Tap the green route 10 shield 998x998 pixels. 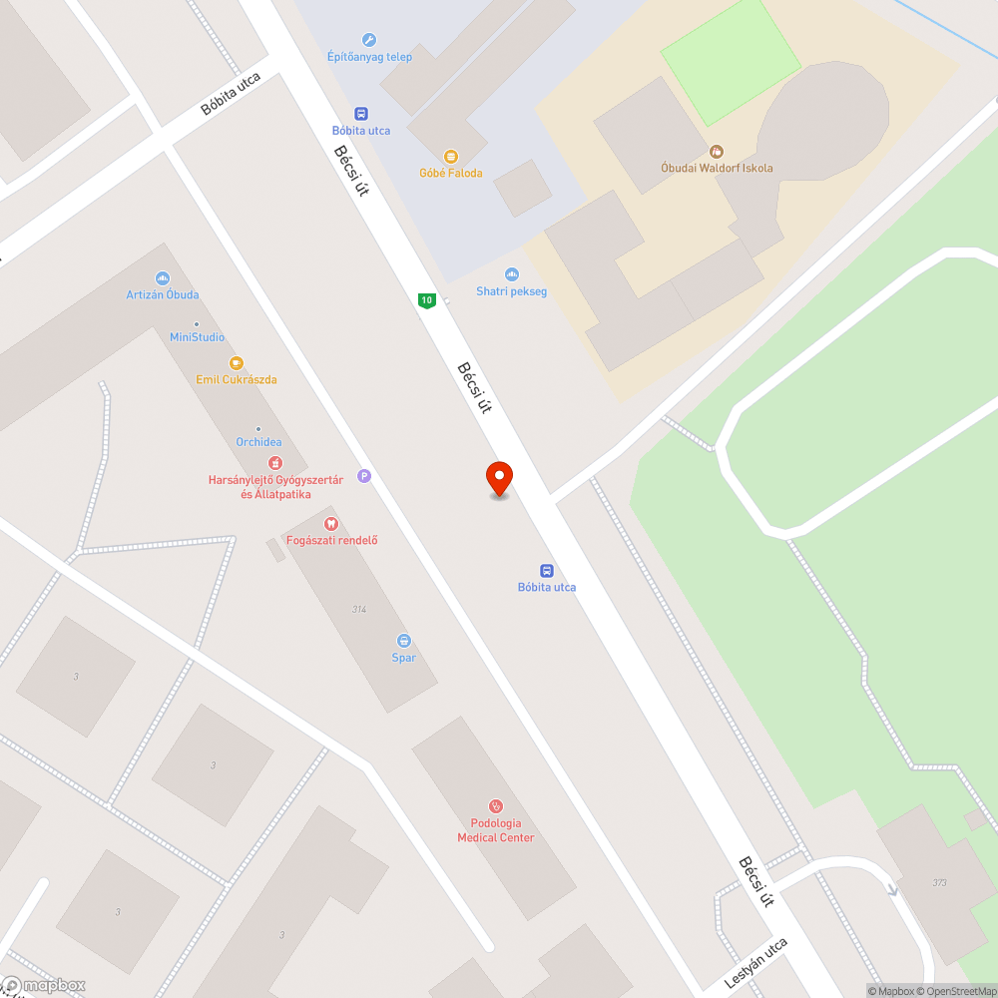[x=427, y=299]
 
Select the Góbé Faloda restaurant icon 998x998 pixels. [x=451, y=157]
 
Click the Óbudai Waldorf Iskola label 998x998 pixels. [x=717, y=168]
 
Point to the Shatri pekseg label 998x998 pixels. [x=512, y=291]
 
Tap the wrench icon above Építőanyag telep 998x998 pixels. [x=369, y=40]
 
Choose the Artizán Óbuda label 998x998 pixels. [x=163, y=294]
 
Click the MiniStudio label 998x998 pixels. [x=197, y=337]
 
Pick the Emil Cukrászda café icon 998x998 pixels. [x=237, y=363]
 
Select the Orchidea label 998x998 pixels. [x=258, y=442]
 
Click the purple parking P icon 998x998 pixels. [x=364, y=477]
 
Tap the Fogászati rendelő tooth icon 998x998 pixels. [x=331, y=523]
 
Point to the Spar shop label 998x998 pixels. [x=404, y=658]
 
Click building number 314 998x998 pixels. [x=358, y=609]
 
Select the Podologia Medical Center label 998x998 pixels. [x=496, y=830]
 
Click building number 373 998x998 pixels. [x=938, y=882]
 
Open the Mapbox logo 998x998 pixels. [x=45, y=985]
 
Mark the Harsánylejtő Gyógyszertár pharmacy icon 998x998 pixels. [x=274, y=463]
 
